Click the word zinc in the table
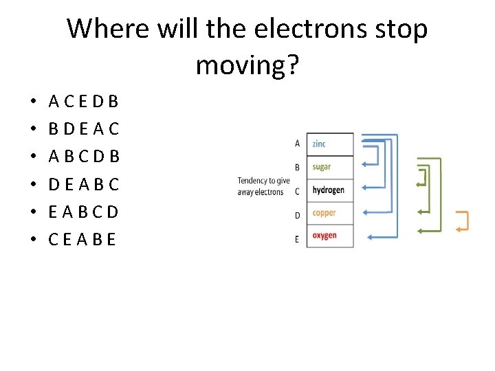coord(319,144)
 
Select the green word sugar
coord(321,167)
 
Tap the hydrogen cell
coord(328,190)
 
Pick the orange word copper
coord(324,213)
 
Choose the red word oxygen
coord(324,236)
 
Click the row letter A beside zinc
coord(297,144)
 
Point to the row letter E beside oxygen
coord(297,239)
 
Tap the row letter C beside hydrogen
coord(297,192)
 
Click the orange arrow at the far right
coord(462,221)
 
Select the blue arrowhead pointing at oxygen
coord(371,238)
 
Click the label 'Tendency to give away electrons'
coord(263,186)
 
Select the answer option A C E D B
coord(84,102)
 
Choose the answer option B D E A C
coord(84,129)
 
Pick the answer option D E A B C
coord(84,184)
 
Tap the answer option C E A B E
coord(82,239)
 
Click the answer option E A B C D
coord(84,212)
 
